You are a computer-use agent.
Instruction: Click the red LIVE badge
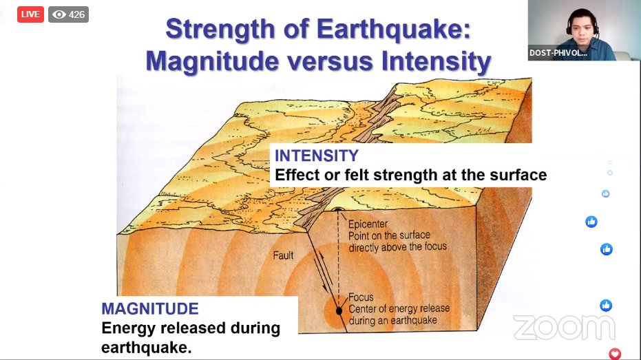tap(30, 14)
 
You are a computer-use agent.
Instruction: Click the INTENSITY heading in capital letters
tap(316, 155)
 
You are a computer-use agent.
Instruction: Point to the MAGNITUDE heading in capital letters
tap(149, 308)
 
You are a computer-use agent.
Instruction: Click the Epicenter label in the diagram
tap(368, 224)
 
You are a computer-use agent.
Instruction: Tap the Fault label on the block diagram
tap(283, 255)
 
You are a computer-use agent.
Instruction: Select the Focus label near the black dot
tap(361, 297)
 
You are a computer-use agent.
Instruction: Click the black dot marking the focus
tap(339, 310)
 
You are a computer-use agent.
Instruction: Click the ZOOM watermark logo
tap(563, 328)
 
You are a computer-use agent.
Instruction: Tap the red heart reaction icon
tap(615, 354)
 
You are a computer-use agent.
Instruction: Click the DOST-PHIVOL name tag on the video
tap(558, 52)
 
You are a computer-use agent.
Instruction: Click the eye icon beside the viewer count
tap(59, 14)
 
